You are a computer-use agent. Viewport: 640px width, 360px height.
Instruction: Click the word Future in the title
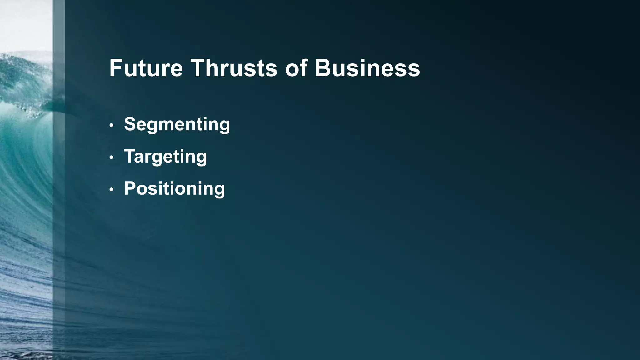[146, 68]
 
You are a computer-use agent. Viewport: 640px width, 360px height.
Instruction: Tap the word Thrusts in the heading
[234, 68]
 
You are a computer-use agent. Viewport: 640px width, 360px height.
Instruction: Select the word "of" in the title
[296, 68]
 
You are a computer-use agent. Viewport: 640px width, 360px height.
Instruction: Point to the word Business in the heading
[367, 68]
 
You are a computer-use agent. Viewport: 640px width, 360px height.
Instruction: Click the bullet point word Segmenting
[177, 124]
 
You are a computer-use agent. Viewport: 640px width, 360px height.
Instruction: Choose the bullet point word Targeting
[165, 157]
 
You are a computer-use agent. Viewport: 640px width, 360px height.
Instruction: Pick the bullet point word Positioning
[174, 189]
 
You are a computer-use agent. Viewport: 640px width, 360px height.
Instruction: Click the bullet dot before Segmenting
[112, 126]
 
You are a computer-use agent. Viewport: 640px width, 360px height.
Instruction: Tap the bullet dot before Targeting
[112, 158]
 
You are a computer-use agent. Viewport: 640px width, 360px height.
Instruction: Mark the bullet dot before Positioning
[112, 190]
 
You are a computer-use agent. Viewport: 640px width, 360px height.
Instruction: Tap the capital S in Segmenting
[131, 124]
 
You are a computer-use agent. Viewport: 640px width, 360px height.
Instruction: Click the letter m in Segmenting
[174, 125]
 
